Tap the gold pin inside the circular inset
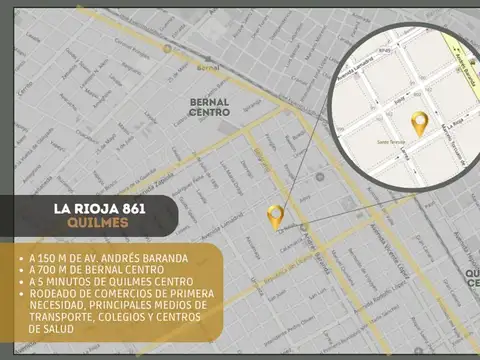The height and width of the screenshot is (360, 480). tap(420, 124)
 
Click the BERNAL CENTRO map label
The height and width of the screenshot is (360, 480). tap(210, 107)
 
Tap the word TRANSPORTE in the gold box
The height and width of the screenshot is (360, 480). tap(66, 317)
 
